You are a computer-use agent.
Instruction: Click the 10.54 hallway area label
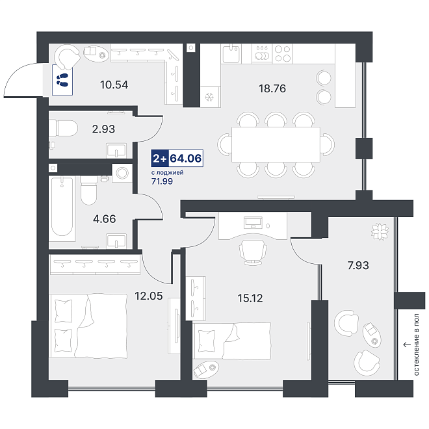coord(114,84)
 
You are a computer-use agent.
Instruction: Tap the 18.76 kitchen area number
coord(272,88)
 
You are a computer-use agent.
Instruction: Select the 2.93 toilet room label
coord(103,129)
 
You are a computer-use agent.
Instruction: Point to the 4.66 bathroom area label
coord(104,219)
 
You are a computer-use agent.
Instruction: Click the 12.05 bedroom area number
coord(149,296)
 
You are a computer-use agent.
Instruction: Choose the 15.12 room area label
coord(250,298)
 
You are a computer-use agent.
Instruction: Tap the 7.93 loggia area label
coord(358,265)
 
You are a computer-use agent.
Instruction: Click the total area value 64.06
coord(186,158)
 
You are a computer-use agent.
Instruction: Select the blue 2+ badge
coord(160,158)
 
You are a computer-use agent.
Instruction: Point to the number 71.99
coord(162,181)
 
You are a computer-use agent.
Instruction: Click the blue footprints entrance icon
coord(62,80)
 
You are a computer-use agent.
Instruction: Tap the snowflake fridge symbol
coord(210,97)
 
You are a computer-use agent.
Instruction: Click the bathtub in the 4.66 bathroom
coord(62,209)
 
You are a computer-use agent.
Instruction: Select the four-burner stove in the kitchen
coord(283,53)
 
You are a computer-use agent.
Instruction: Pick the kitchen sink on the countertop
coord(231,53)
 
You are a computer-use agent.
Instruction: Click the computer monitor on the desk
coord(253,222)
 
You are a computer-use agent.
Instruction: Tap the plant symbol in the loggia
coord(380,231)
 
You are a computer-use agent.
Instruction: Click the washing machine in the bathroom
coord(122,173)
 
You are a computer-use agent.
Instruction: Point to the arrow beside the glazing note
coord(407,344)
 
